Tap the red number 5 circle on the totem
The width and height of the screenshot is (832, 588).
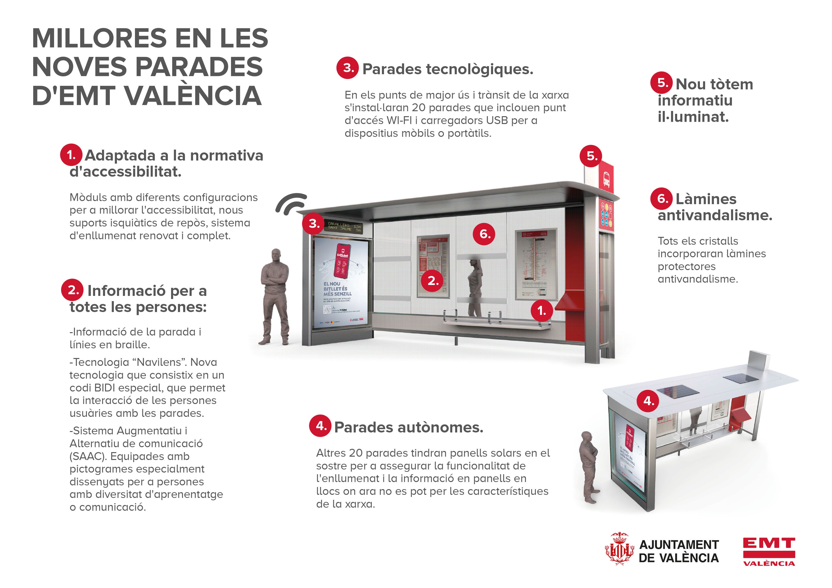tap(591, 156)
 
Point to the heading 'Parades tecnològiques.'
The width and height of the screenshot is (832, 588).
tap(448, 69)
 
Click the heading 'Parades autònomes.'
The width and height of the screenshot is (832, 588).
tap(408, 427)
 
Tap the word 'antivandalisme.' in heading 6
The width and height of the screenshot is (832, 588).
tap(715, 215)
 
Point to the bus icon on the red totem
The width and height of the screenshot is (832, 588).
tap(606, 178)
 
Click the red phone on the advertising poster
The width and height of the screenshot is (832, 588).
tap(342, 261)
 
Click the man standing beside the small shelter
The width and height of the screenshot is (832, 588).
tap(588, 467)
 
